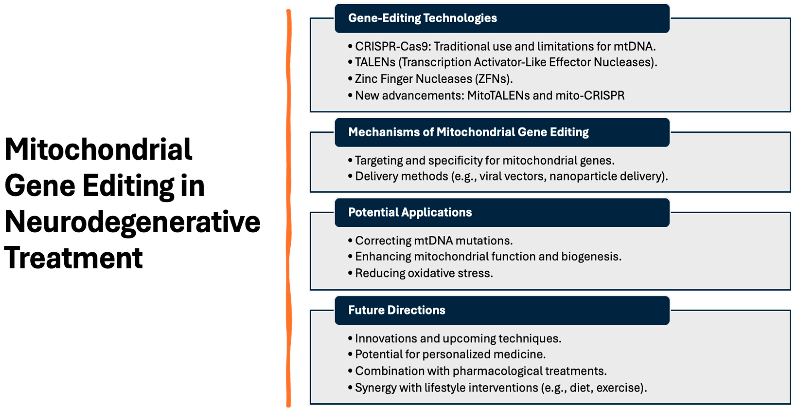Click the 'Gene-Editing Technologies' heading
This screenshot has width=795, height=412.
coord(423,18)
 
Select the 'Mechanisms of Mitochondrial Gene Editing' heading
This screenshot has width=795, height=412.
coord(468,132)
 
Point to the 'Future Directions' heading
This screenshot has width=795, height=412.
coord(397,310)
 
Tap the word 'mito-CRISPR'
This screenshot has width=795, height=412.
coord(590,95)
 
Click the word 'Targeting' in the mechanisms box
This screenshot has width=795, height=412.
coord(379,161)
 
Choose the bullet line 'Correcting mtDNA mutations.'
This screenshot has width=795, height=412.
coord(434,241)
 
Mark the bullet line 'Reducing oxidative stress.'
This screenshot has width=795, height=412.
coord(424,273)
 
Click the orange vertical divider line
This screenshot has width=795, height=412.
coord(289,208)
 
